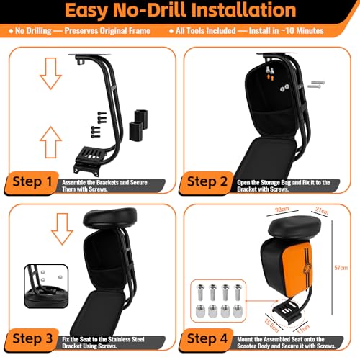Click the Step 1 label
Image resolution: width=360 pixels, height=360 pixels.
[32, 181]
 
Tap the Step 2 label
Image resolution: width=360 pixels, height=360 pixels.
[207, 181]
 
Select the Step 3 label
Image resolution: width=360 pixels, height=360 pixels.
[32, 338]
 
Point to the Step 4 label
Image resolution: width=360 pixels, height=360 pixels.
[207, 338]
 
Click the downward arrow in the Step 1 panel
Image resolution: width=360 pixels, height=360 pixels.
[50, 73]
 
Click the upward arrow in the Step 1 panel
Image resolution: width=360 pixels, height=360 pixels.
[50, 143]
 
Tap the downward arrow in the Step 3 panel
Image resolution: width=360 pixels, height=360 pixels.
[62, 229]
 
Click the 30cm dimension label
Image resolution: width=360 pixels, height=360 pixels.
[282, 210]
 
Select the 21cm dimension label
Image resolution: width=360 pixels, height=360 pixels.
[322, 210]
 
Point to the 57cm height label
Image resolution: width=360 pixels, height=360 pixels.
[341, 268]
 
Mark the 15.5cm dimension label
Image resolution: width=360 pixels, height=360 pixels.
[271, 325]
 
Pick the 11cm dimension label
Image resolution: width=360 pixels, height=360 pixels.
[304, 328]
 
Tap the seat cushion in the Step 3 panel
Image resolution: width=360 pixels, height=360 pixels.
[110, 219]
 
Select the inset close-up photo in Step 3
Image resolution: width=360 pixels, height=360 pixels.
[46, 286]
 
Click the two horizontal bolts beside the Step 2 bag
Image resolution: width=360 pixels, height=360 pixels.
[316, 84]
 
